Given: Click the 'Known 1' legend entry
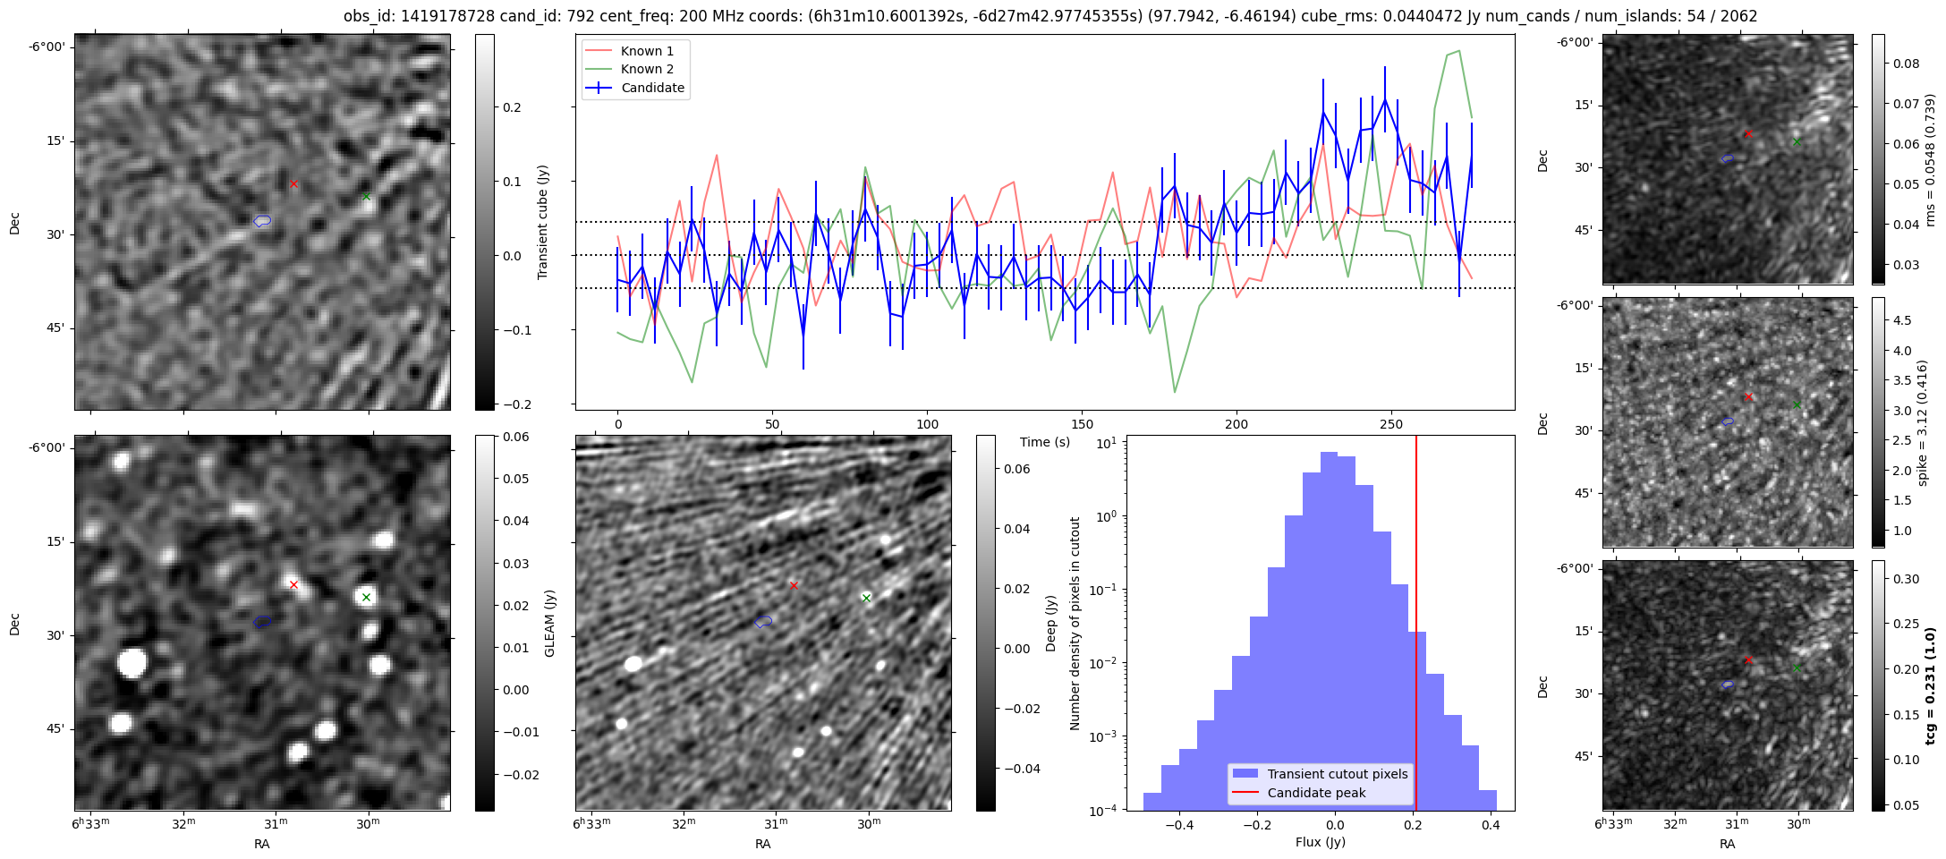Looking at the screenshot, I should point(647,51).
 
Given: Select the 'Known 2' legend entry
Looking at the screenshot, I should point(647,69).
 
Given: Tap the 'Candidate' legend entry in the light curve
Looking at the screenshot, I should point(652,88).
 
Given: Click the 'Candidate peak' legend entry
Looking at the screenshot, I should point(1316,793).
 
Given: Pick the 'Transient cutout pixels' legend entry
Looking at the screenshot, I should point(1337,774).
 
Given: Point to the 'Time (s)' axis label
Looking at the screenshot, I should point(1045,442).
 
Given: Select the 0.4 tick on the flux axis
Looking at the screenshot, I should point(1491,826).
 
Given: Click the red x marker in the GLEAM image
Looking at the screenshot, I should point(293,585).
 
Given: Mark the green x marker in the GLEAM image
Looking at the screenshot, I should point(366,597).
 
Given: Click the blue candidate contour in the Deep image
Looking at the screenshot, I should point(763,621).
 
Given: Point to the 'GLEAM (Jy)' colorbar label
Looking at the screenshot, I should point(549,623).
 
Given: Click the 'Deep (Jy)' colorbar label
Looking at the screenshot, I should point(1051,623).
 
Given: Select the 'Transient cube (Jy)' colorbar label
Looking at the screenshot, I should point(542,222).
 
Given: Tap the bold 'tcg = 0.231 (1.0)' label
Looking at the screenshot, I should point(1930,685).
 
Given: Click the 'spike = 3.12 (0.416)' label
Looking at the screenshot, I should point(1922,422).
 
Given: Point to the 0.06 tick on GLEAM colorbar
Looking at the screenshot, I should point(514,437).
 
